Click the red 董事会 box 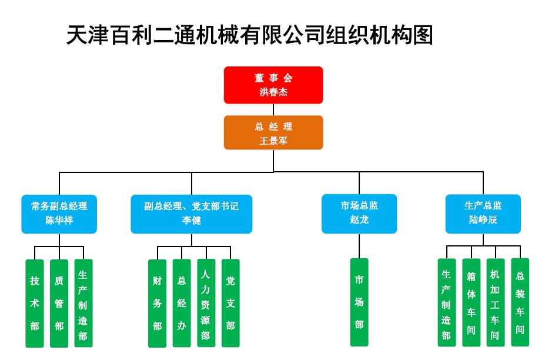pyautogui.click(x=273, y=85)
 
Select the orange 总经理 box pyautogui.click(x=273, y=132)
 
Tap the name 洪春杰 pyautogui.click(x=273, y=92)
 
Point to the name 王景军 pyautogui.click(x=273, y=141)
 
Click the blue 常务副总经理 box pyautogui.click(x=59, y=214)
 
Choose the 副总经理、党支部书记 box pyautogui.click(x=192, y=214)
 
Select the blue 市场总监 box pyautogui.click(x=359, y=214)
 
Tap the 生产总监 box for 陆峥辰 pyautogui.click(x=483, y=214)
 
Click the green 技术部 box pyautogui.click(x=35, y=304)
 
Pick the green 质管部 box pyautogui.click(x=59, y=304)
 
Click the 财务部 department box pyautogui.click(x=157, y=304)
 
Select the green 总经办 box pyautogui.click(x=182, y=303)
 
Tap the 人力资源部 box pyautogui.click(x=206, y=303)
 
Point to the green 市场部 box pyautogui.click(x=359, y=302)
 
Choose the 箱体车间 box pyautogui.click(x=471, y=302)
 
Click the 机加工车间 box pyautogui.click(x=496, y=302)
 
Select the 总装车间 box pyautogui.click(x=520, y=302)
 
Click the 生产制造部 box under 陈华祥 pyautogui.click(x=83, y=303)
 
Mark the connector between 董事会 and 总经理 pyautogui.click(x=273, y=110)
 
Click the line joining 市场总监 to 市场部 pyautogui.click(x=359, y=246)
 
